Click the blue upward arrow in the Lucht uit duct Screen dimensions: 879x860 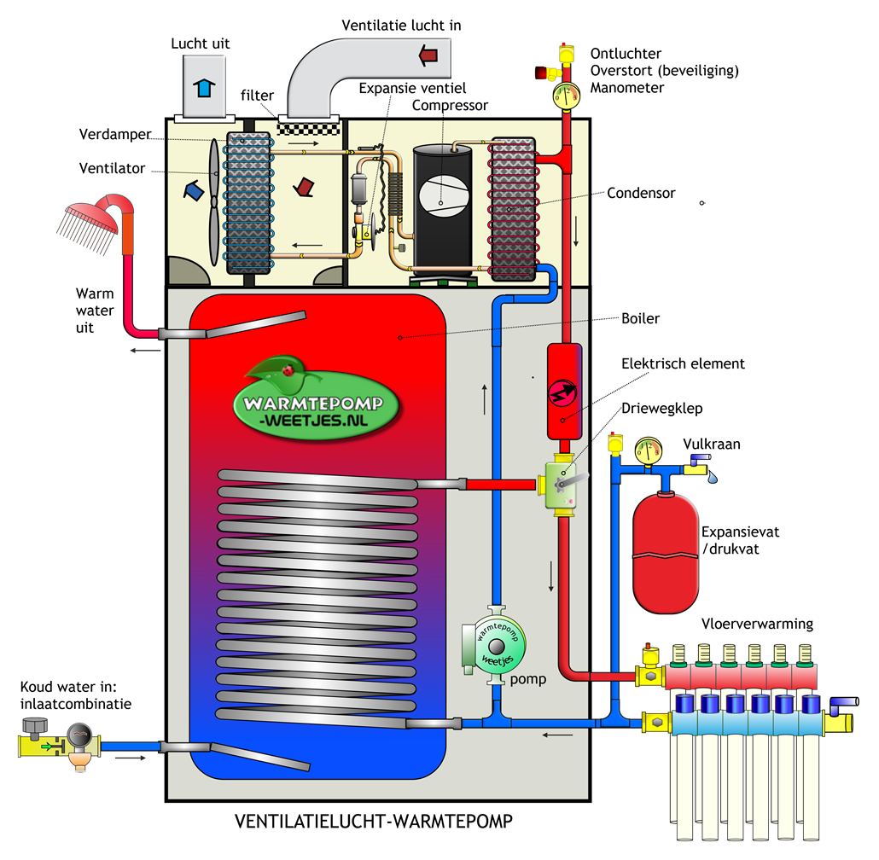[204, 88]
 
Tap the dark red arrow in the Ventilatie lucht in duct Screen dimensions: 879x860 [428, 55]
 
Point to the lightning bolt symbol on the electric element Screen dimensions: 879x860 [563, 391]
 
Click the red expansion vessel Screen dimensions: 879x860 [666, 552]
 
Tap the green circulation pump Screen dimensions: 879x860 [493, 645]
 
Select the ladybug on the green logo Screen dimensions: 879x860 [288, 369]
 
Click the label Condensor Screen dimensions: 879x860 [641, 194]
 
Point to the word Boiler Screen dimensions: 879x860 [640, 318]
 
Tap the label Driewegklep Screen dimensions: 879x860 [662, 409]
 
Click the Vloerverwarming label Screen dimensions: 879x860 [757, 624]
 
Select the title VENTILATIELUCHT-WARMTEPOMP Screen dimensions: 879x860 [373, 822]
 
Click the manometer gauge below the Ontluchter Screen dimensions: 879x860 [566, 96]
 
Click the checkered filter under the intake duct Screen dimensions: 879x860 [309, 129]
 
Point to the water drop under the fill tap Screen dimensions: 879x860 [712, 477]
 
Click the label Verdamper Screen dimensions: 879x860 [115, 135]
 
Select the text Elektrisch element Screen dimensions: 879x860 [683, 363]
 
